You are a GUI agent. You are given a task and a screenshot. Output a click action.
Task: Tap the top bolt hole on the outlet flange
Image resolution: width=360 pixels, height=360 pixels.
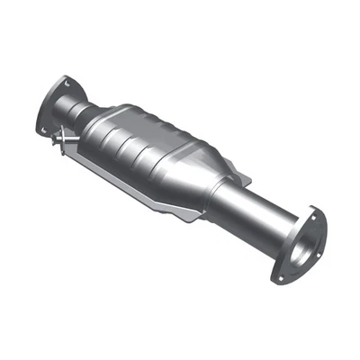(x=313, y=212)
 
